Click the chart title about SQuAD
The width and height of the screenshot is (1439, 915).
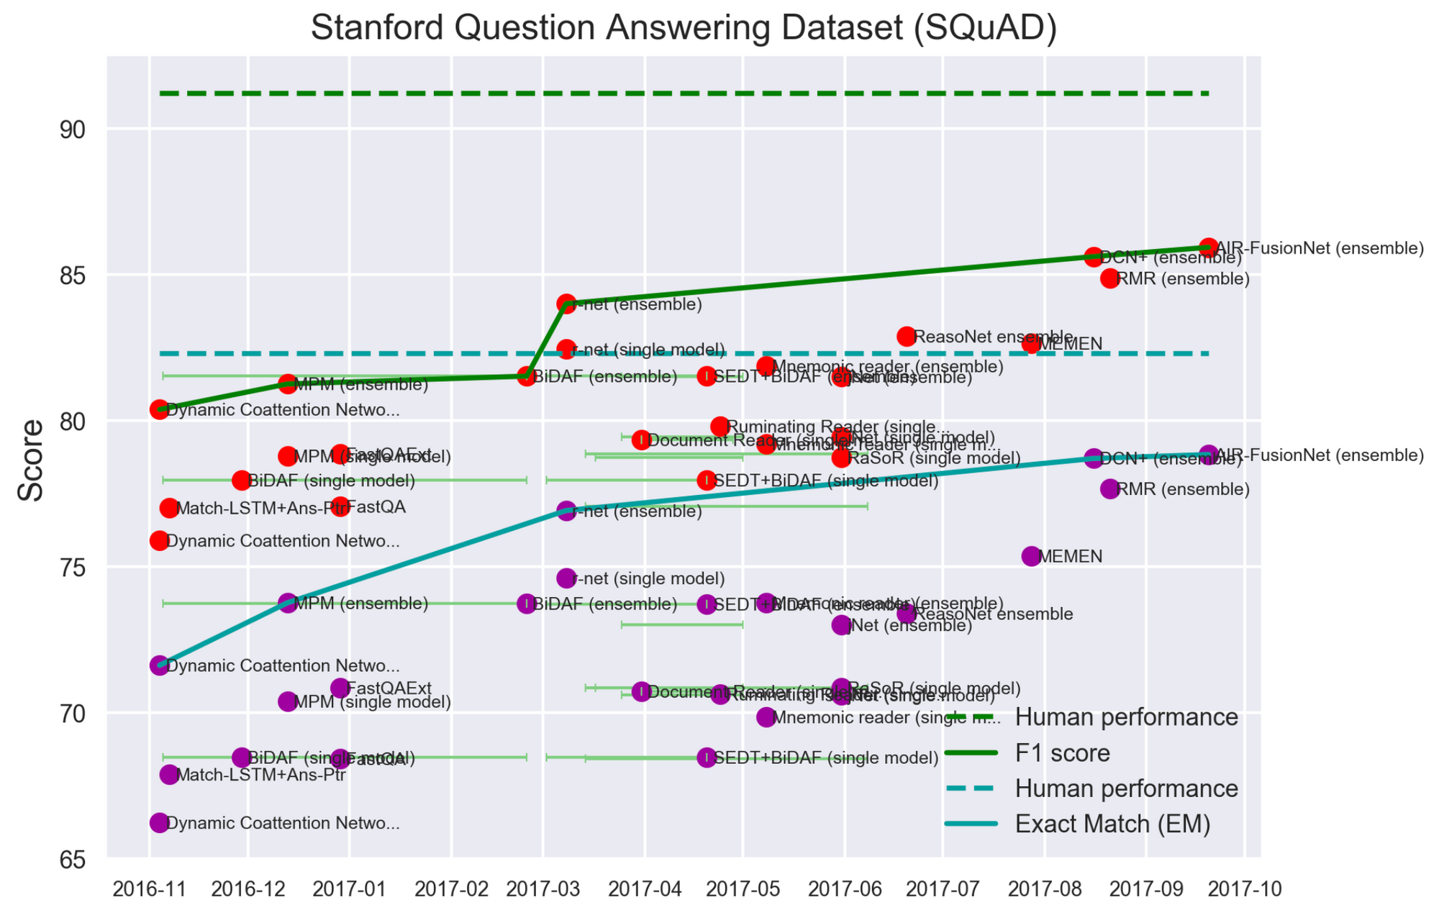coord(684,29)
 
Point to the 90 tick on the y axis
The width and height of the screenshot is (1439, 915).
coord(72,130)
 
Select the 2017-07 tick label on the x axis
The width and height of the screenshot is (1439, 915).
coord(942,890)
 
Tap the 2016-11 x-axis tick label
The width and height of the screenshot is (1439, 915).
coord(150,890)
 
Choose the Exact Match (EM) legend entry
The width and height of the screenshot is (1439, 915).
coord(1112,824)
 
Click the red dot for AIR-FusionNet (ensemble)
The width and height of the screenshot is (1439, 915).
coord(1209,247)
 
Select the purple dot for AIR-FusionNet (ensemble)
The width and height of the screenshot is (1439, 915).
coord(1209,455)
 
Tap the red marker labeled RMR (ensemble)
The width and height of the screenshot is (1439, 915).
coord(1109,278)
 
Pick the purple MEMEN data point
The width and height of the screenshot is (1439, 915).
coord(1031,556)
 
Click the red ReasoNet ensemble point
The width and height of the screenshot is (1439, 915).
coord(906,336)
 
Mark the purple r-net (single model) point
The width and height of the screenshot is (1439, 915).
coord(566,578)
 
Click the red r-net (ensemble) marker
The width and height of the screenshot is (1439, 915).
coord(566,304)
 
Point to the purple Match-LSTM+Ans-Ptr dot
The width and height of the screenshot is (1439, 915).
coord(168,775)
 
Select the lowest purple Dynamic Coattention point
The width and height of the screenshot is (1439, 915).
coord(159,823)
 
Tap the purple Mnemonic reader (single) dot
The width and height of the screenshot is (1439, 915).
coord(766,717)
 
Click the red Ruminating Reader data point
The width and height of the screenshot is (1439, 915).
coord(719,427)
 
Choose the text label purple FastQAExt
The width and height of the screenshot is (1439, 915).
coord(389,688)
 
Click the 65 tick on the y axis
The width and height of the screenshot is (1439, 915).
coord(72,860)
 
